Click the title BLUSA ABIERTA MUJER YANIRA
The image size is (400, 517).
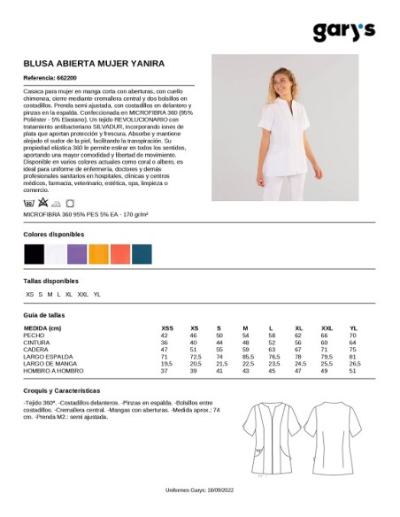click(93, 65)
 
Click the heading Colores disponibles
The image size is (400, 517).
click(55, 234)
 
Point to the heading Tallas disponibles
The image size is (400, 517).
click(52, 282)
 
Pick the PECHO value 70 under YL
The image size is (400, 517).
click(352, 336)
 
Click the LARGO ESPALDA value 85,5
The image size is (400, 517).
click(249, 357)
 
